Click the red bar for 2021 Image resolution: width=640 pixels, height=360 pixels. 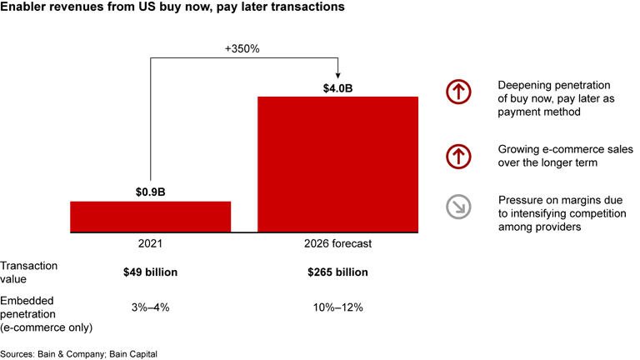[150, 216]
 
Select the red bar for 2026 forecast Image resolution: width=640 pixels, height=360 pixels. [337, 163]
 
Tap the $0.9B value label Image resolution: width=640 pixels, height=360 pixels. [150, 192]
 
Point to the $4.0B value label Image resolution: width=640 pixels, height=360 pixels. [337, 87]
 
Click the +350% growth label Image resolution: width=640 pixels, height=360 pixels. [242, 48]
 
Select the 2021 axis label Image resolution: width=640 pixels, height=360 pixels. [150, 244]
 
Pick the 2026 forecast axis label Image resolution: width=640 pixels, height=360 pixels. [337, 244]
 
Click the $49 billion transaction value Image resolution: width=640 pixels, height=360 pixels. [150, 272]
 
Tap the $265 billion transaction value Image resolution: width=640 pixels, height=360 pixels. [337, 272]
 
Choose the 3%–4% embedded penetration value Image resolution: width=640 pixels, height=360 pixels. [150, 307]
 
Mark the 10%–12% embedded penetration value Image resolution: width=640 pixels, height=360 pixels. [337, 307]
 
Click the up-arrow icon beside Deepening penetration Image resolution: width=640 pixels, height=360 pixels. [458, 92]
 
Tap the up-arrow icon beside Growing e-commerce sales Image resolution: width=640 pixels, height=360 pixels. [458, 156]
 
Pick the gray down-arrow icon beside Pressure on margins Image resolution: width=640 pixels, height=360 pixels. [458, 207]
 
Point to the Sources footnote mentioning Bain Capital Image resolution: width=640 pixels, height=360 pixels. [79, 353]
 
